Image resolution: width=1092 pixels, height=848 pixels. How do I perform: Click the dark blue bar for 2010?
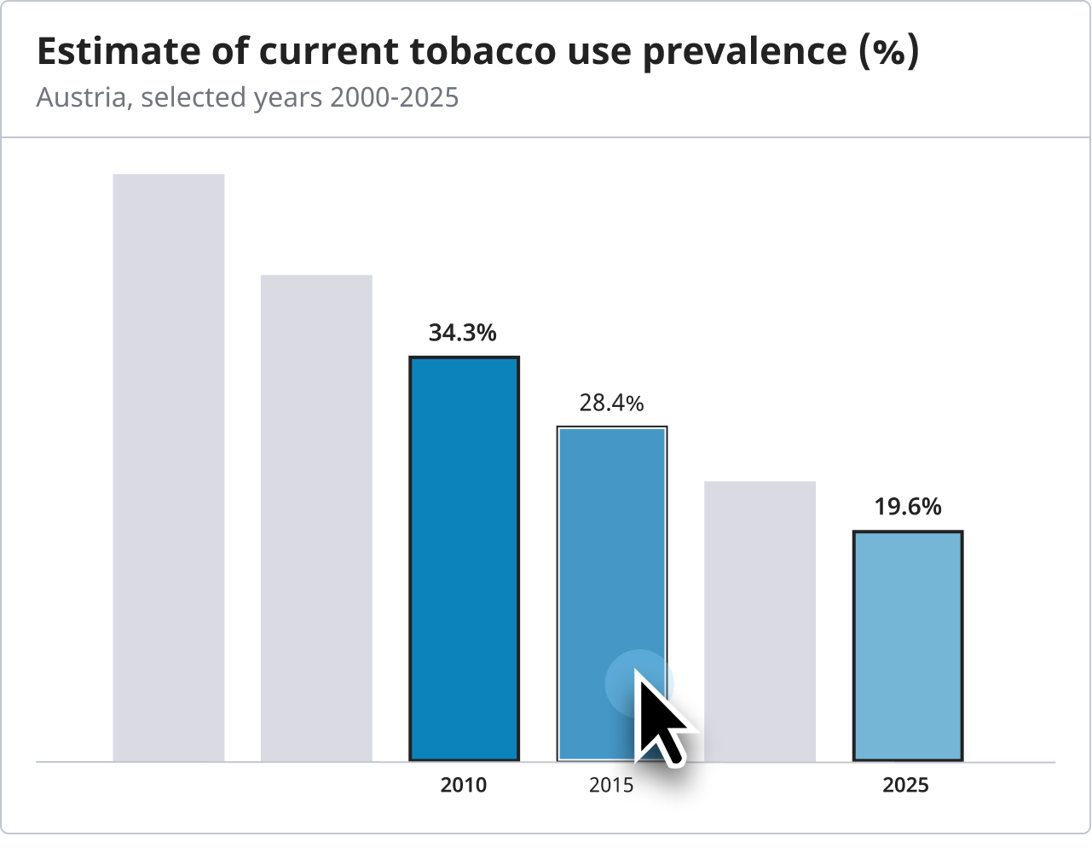coord(464,559)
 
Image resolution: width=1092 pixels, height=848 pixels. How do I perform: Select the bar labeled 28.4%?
coord(611,555)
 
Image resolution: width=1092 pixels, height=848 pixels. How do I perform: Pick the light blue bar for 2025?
coord(908,646)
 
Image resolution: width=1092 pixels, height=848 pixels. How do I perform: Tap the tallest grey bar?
coord(169,468)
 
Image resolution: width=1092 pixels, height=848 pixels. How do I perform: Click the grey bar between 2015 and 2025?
coord(760,621)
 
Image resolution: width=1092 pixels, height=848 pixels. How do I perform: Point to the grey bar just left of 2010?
coord(316,518)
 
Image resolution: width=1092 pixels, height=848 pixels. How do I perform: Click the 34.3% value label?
coord(463,333)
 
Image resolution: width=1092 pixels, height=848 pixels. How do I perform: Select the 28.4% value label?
coord(611,403)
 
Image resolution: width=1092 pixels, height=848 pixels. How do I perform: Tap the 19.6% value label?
coord(908,507)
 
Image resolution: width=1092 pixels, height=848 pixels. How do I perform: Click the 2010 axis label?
coord(464,785)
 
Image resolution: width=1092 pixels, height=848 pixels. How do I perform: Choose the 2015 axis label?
coord(611,785)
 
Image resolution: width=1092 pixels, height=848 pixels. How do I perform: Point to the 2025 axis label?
coord(905,785)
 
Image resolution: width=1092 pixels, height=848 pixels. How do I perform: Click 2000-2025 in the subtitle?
coord(394,97)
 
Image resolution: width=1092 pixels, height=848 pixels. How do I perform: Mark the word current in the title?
coord(329,52)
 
